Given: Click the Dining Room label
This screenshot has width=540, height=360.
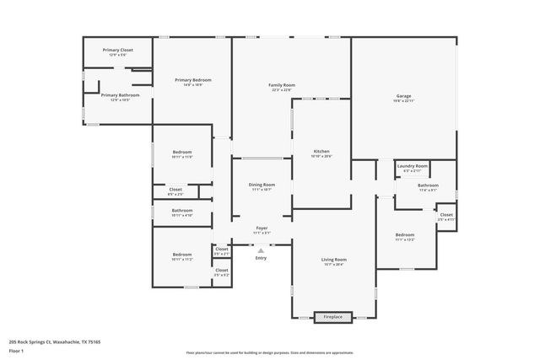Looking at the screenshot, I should coord(262,186).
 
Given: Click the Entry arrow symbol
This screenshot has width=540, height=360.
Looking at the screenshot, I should coord(262,250).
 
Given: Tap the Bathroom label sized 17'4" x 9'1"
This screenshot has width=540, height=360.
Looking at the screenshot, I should coord(428,187).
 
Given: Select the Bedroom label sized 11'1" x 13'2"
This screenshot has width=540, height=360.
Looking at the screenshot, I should coord(405,237).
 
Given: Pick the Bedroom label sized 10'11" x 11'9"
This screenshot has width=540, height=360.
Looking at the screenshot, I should coord(182,154).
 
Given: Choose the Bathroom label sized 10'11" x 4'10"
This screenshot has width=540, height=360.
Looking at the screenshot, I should coord(182,212).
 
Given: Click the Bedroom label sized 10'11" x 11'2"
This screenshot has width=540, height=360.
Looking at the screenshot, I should coord(182,256).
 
